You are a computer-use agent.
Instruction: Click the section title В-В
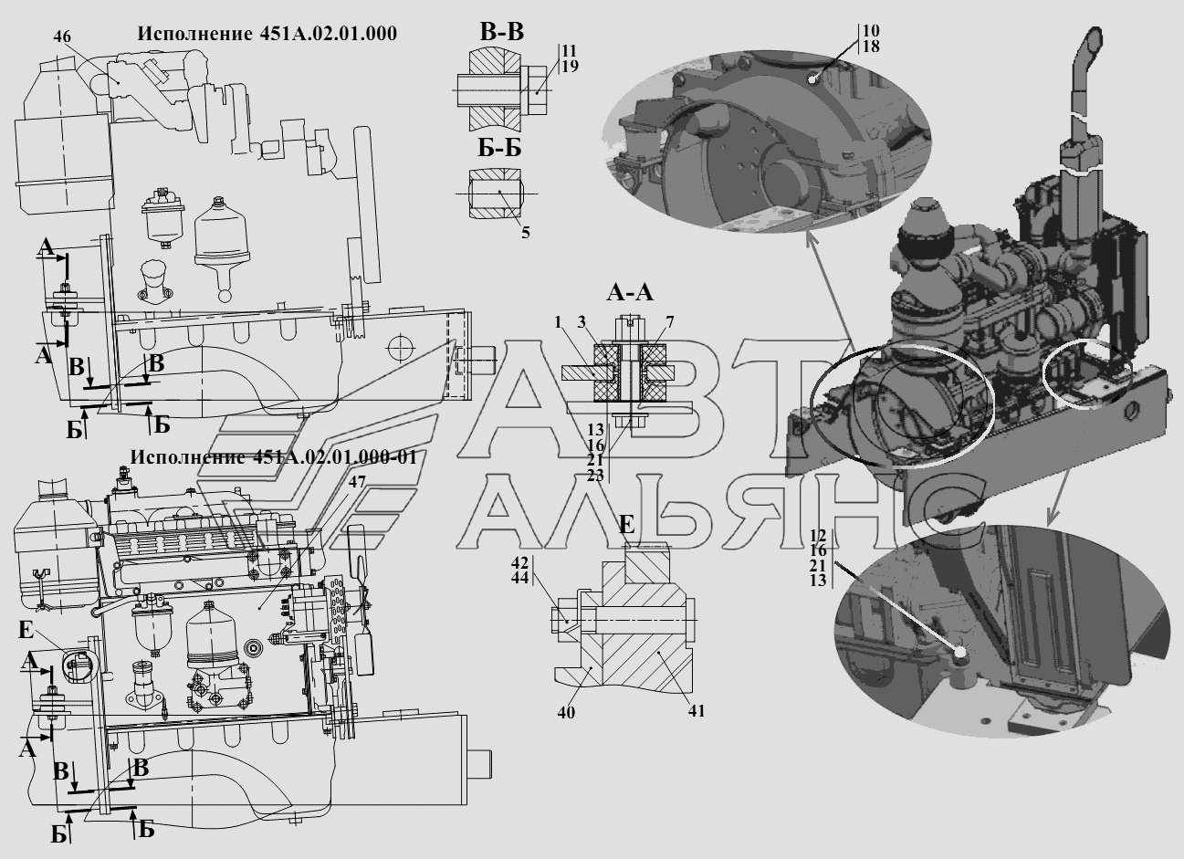[501, 32]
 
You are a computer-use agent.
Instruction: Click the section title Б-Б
[499, 149]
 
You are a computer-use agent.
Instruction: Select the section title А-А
[630, 292]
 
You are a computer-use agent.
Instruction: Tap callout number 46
[62, 37]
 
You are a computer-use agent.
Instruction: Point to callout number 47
[357, 482]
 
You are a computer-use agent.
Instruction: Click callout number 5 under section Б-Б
[526, 233]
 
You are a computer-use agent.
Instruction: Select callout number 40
[566, 713]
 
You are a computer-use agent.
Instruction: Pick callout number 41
[697, 711]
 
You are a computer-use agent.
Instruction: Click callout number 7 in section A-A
[670, 322]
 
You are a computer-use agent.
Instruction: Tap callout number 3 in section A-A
[582, 322]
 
